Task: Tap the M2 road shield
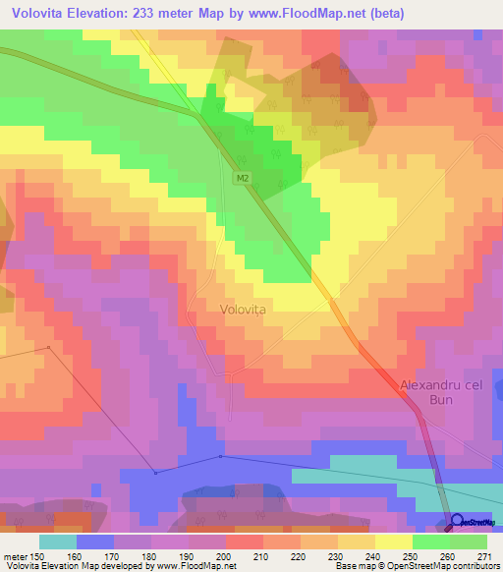point(242,178)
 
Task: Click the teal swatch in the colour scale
point(58,541)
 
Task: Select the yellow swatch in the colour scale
point(394,541)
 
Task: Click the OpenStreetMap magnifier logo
point(456,521)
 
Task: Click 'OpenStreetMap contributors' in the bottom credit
point(447,566)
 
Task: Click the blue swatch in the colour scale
point(95,541)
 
